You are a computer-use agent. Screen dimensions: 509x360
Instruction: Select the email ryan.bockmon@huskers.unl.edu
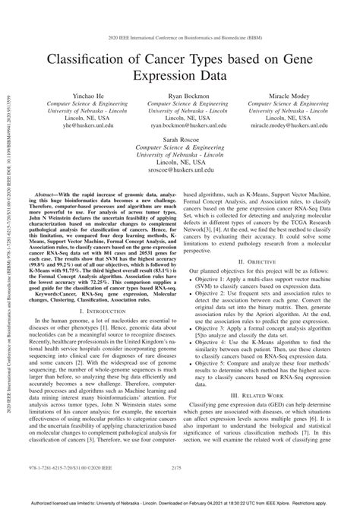click(x=182, y=128)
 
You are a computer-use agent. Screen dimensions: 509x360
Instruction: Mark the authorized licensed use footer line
click(x=181, y=503)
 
